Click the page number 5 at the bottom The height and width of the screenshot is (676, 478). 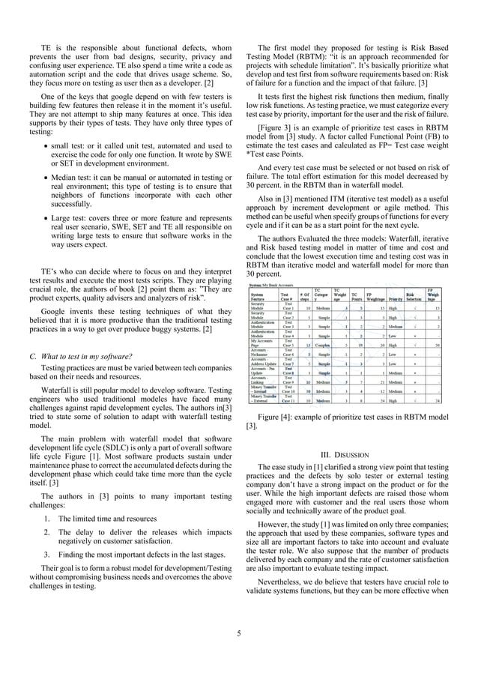coord(238,633)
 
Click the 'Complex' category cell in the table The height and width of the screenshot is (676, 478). coord(323,345)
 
